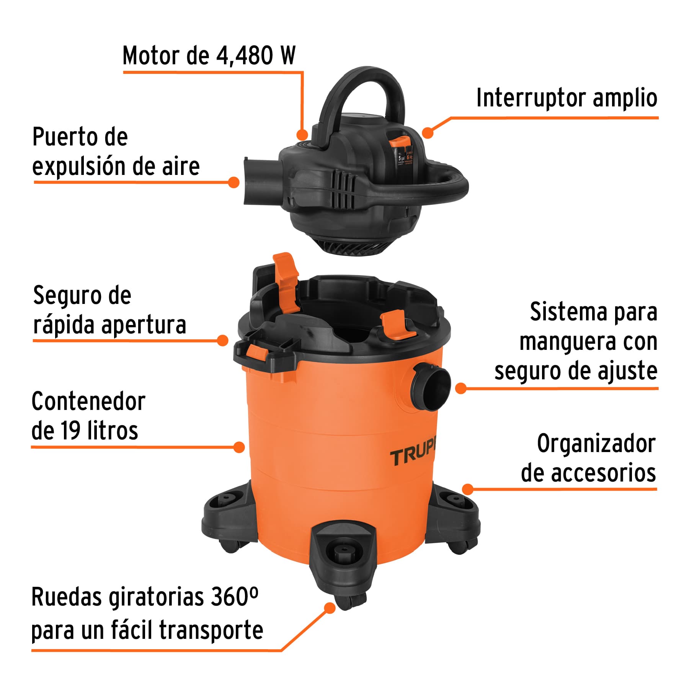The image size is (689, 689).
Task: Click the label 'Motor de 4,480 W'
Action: (209, 56)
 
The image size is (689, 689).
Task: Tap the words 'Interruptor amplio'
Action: (567, 98)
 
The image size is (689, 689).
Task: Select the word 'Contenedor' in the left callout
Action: (88, 402)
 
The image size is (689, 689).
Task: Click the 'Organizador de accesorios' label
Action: (588, 458)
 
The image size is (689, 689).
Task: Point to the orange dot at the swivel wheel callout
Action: (330, 608)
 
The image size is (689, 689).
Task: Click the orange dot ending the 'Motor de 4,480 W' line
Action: (302, 134)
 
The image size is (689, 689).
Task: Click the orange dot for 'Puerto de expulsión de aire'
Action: (233, 182)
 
